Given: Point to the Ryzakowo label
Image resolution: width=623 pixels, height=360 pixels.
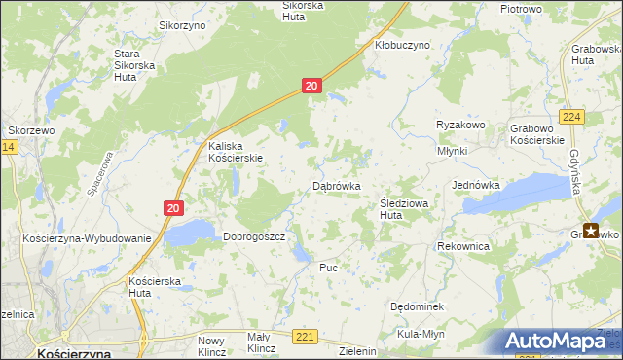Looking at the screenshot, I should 460,126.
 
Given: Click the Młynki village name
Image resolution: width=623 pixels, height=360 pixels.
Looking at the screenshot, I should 453,151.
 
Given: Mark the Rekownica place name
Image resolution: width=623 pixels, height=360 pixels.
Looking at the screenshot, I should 463,247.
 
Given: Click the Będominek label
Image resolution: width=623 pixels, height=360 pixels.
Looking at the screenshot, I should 417,306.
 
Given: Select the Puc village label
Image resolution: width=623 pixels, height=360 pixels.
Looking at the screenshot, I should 328,267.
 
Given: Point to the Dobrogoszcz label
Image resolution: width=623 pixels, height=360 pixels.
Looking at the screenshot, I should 253,236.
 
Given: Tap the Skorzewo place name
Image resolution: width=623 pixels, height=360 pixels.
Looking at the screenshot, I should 29,129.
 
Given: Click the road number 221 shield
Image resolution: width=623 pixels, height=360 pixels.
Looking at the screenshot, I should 305,337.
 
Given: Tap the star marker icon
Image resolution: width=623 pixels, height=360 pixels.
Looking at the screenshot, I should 591,231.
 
